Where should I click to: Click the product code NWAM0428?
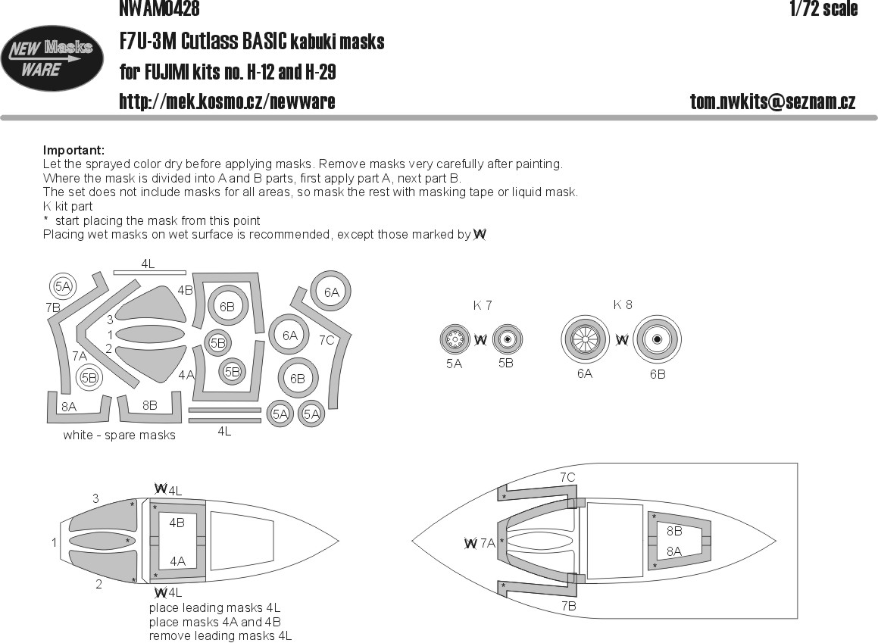point(159,8)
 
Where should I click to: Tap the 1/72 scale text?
point(823,9)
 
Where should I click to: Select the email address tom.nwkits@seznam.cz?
point(773,102)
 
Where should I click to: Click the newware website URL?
point(227,102)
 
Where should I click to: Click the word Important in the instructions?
point(73,150)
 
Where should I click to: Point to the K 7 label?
point(483,306)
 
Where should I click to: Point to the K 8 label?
point(623,304)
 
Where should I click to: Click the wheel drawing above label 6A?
point(584,339)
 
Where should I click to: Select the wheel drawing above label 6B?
point(657,340)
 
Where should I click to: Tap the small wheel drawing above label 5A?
point(455,340)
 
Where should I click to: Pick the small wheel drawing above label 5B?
point(507,340)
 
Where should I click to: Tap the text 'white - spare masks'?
point(119,435)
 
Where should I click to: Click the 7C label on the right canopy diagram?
point(567,477)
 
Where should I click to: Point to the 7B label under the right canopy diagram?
point(567,607)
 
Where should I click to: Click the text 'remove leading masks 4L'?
point(220,636)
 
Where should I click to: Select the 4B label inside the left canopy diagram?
point(177,523)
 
